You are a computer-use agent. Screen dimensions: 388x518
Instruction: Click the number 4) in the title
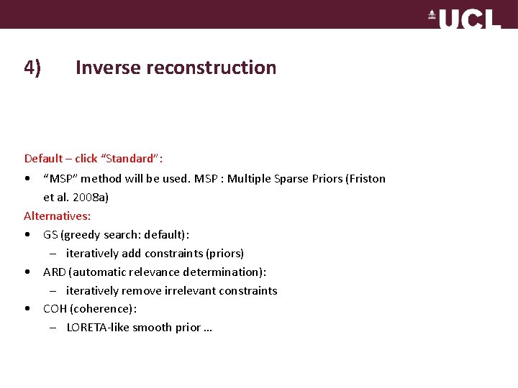32,68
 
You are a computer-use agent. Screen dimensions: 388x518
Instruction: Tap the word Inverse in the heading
108,68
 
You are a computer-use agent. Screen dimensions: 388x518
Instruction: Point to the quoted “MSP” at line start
60,178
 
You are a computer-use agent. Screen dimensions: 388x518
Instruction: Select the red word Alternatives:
58,216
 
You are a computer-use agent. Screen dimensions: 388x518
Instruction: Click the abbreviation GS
50,234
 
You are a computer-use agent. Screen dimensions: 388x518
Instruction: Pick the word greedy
81,234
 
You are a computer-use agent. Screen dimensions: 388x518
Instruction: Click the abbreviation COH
55,309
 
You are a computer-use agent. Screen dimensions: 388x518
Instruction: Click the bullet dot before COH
27,309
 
